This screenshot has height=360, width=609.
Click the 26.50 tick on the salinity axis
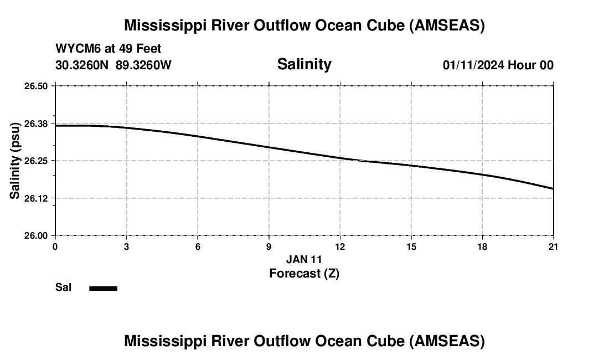[x=36, y=86]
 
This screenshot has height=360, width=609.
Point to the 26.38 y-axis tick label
[x=36, y=124]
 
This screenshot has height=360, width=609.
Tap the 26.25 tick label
[x=36, y=161]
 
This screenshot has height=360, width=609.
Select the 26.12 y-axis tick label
[x=36, y=198]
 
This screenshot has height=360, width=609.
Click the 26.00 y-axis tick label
[x=36, y=235]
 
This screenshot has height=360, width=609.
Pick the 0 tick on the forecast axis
[x=55, y=246]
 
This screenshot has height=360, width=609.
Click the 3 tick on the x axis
[x=127, y=246]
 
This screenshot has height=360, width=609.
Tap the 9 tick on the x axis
[x=269, y=246]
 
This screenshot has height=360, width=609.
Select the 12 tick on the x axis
[x=340, y=246]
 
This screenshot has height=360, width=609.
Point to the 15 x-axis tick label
[x=411, y=246]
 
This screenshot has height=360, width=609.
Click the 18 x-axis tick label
[x=482, y=246]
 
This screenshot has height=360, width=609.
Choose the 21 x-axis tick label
[x=553, y=246]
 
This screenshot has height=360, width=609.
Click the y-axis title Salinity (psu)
[x=15, y=161]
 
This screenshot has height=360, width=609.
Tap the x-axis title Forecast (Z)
[x=304, y=274]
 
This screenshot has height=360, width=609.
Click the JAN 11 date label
[x=304, y=259]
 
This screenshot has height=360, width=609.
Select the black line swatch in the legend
[x=104, y=288]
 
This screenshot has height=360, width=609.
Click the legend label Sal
[x=64, y=287]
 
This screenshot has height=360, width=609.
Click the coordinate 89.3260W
[x=143, y=65]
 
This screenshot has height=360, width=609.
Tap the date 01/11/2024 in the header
[x=473, y=65]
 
